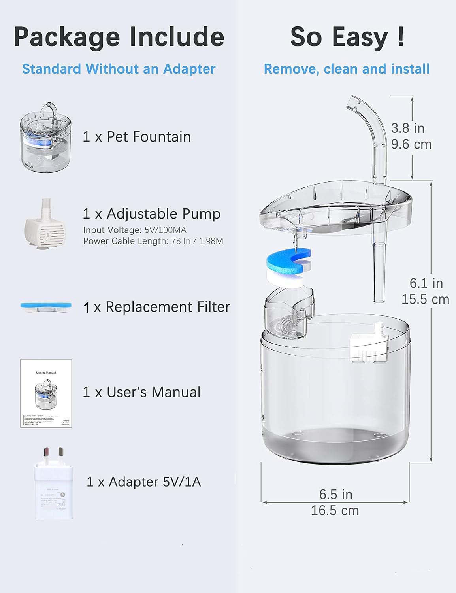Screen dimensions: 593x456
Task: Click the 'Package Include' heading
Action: [x=119, y=37]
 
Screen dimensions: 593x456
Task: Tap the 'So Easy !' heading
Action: [x=347, y=37]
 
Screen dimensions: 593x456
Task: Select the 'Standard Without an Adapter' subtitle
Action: [x=119, y=69]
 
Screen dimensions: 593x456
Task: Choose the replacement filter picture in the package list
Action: [x=47, y=306]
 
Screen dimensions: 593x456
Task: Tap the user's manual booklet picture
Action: [x=46, y=393]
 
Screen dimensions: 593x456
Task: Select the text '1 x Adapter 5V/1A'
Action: [x=144, y=482]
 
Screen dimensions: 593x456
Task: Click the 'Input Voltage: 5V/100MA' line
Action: [x=134, y=230]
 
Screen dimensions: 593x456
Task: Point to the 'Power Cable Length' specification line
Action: [x=153, y=241]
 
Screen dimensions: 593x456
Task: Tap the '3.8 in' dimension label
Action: [x=407, y=128]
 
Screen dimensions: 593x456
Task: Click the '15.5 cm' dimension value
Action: [x=425, y=299]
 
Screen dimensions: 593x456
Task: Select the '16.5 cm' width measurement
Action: [x=335, y=510]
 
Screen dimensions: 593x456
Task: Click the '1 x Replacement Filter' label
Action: [x=156, y=307]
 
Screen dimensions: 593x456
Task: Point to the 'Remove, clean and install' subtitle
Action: [x=347, y=69]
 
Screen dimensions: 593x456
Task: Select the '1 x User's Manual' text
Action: [x=141, y=392]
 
